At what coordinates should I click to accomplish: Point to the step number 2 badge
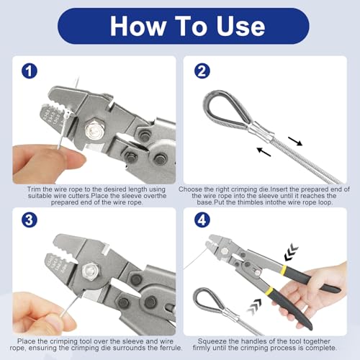point(202,72)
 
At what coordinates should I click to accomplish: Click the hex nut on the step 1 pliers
point(94,133)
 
